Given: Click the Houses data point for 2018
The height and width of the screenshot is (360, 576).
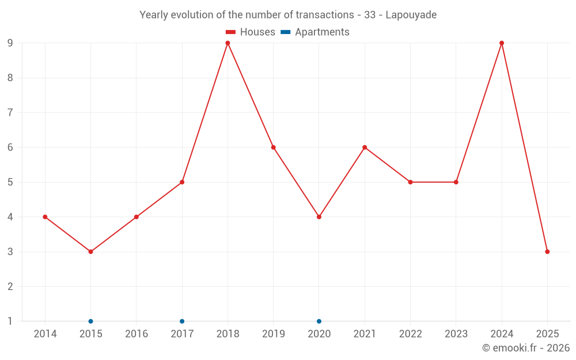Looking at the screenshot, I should tap(228, 43).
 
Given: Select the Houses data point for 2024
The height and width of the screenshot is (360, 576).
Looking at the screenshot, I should tap(502, 43).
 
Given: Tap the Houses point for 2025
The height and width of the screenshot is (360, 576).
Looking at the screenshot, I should tap(547, 252).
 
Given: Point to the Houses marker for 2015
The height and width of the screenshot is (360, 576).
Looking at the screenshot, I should tap(90, 252).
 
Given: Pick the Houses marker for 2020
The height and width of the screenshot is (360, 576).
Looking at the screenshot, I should tap(319, 217).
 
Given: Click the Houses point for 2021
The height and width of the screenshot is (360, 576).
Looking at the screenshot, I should tap(365, 147).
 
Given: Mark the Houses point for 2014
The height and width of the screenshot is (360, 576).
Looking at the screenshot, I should tap(45, 217).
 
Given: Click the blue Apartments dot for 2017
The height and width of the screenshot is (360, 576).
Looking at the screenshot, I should tap(182, 321).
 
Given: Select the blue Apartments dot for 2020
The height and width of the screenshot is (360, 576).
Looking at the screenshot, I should tap(319, 321).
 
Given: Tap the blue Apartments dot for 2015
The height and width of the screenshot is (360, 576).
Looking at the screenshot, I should tap(90, 321).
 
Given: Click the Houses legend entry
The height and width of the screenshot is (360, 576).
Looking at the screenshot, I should tap(251, 32).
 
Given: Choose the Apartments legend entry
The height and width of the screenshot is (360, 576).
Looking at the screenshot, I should tap(315, 32).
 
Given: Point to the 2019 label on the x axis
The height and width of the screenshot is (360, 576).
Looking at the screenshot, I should tap(273, 334).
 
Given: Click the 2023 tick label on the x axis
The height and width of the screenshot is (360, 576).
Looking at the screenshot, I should tap(456, 334).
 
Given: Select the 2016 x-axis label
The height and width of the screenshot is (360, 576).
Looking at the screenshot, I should tap(136, 334).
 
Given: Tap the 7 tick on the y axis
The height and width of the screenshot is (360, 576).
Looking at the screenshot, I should tap(10, 113).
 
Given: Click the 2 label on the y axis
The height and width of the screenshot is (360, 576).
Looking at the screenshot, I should tap(10, 287).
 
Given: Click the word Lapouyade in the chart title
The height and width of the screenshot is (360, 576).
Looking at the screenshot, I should tap(411, 15).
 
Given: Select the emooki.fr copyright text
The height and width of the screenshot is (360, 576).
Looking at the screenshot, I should tap(525, 348).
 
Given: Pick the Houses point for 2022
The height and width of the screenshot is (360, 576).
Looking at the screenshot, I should tap(410, 182).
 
